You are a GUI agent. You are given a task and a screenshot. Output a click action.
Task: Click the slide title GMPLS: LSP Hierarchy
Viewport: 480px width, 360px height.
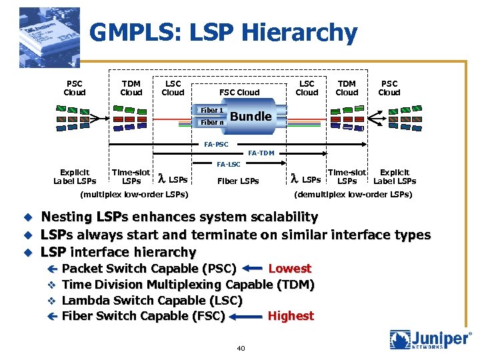[223, 32]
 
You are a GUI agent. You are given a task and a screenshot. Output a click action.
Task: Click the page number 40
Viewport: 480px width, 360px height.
[241, 348]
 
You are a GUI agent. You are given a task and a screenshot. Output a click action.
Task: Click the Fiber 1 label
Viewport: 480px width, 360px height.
[212, 109]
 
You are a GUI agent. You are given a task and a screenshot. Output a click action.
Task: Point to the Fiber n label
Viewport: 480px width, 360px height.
[212, 122]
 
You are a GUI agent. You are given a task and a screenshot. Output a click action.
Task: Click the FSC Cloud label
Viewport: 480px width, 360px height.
[239, 93]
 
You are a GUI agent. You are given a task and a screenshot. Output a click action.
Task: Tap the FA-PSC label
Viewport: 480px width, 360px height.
[216, 144]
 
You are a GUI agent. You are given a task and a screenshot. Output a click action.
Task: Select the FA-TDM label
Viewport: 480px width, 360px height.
[261, 153]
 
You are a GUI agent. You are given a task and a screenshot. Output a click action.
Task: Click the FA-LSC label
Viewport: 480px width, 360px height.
[229, 164]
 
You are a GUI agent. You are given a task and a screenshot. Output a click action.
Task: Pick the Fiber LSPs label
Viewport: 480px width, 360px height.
[239, 180]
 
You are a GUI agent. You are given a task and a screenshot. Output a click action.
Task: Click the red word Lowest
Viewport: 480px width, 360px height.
[289, 269]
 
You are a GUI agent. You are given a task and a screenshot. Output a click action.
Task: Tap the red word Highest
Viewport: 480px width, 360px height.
[290, 316]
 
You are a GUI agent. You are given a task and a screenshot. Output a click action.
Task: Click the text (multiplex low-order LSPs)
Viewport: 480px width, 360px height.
[133, 195]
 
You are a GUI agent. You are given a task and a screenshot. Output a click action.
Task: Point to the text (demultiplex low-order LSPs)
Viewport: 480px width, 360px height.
[353, 195]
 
